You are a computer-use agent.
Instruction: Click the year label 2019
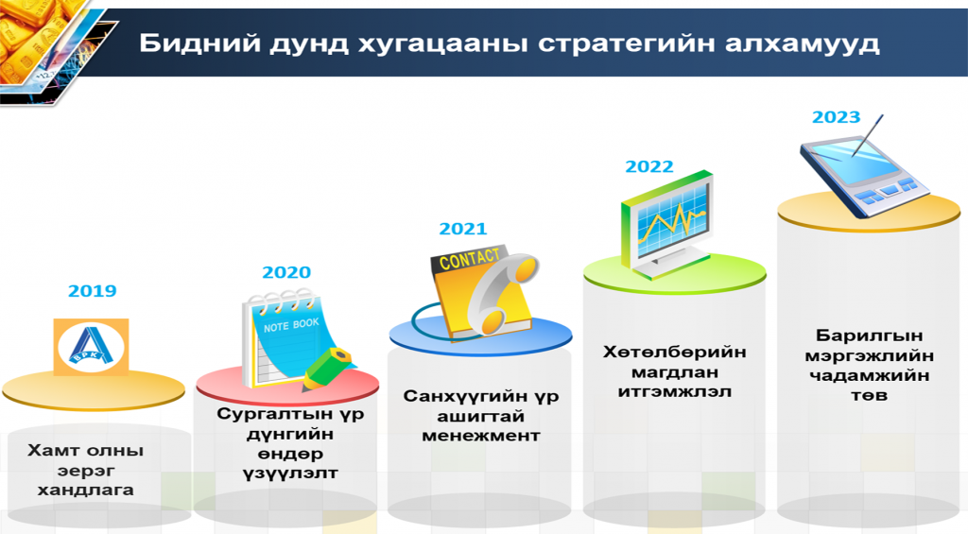(x=92, y=291)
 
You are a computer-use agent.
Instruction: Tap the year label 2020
(x=286, y=272)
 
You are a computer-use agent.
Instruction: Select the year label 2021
(x=463, y=229)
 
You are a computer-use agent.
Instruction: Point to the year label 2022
(x=648, y=166)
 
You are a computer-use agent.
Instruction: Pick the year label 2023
(x=836, y=117)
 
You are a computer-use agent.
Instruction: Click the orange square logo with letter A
(x=91, y=347)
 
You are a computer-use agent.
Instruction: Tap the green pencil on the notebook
(x=326, y=370)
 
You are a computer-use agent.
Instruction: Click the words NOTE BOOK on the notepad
(x=291, y=325)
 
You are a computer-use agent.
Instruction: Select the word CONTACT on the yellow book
(x=469, y=259)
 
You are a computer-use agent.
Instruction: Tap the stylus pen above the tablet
(x=869, y=134)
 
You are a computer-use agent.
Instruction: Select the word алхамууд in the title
(x=802, y=43)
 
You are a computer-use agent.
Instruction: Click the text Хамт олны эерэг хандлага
(x=85, y=470)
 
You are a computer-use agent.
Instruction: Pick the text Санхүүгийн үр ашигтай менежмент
(x=481, y=416)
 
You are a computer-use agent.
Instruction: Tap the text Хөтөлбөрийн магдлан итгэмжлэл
(x=675, y=371)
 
